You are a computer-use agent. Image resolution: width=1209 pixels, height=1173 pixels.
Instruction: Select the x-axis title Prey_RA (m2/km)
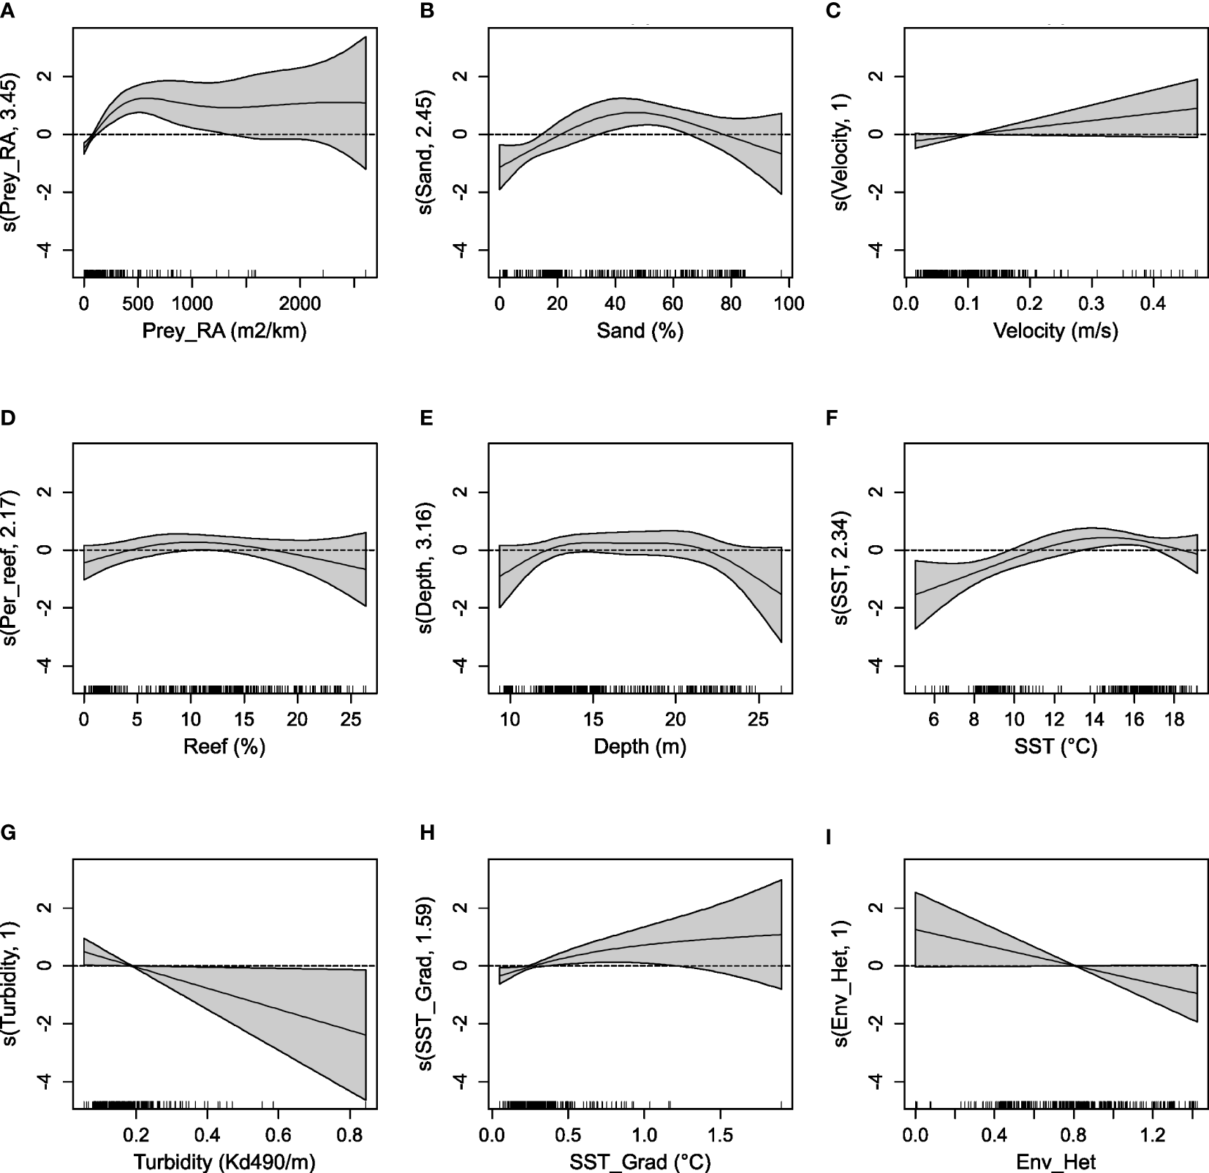pos(224,331)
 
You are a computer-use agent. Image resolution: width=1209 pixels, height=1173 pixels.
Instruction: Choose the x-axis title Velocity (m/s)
pos(1055,331)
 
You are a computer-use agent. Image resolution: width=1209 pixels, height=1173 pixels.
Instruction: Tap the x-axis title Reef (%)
pos(224,747)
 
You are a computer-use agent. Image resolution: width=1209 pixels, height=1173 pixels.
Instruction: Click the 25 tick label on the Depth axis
pos(759,720)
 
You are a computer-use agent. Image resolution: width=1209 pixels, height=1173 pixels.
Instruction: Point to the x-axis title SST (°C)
pos(1055,747)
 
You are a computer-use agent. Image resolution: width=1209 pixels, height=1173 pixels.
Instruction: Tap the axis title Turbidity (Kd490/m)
pos(224,1162)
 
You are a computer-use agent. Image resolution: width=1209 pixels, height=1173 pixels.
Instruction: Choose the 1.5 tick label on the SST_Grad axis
pos(720,1136)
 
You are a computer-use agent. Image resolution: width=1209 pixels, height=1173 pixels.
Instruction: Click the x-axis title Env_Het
pos(1055,1162)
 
